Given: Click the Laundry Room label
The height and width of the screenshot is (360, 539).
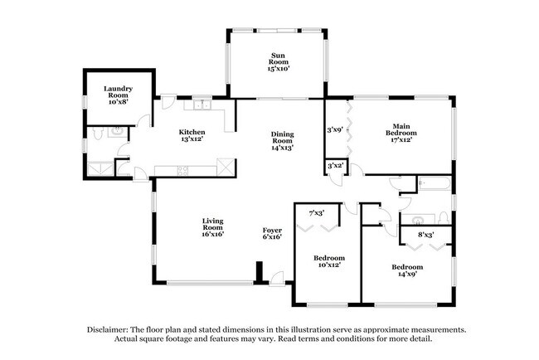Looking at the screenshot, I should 118,93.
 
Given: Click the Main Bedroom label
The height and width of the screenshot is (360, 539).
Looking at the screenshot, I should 400,132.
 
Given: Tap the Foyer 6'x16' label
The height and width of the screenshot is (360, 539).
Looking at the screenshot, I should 272,233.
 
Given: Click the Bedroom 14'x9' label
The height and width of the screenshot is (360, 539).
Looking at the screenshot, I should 407,270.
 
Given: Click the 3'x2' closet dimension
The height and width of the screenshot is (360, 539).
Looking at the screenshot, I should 335,166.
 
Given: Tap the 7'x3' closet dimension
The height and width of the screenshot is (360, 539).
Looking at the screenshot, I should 316,213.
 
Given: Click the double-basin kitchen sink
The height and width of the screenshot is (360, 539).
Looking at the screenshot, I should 202,105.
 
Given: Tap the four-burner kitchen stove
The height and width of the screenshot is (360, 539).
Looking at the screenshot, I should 182,171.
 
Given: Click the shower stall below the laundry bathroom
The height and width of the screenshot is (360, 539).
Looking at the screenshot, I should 101,168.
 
